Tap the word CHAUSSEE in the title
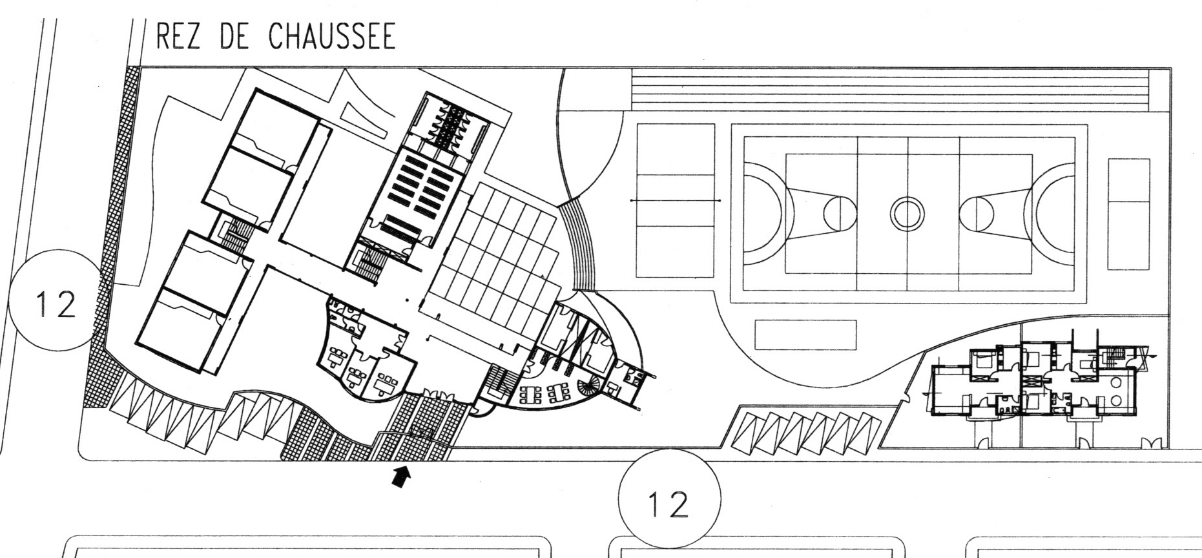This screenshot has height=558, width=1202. coord(331,37)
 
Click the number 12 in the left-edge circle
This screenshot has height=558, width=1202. coord(57,305)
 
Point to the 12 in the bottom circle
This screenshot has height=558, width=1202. coord(669,504)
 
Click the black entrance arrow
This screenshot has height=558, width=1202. coord(401,477)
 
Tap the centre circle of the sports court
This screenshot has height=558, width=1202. coord(907,213)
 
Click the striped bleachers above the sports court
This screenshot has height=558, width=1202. coord(891,92)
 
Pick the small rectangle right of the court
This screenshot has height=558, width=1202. coord(1129,214)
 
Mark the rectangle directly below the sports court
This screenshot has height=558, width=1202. coord(805,335)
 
